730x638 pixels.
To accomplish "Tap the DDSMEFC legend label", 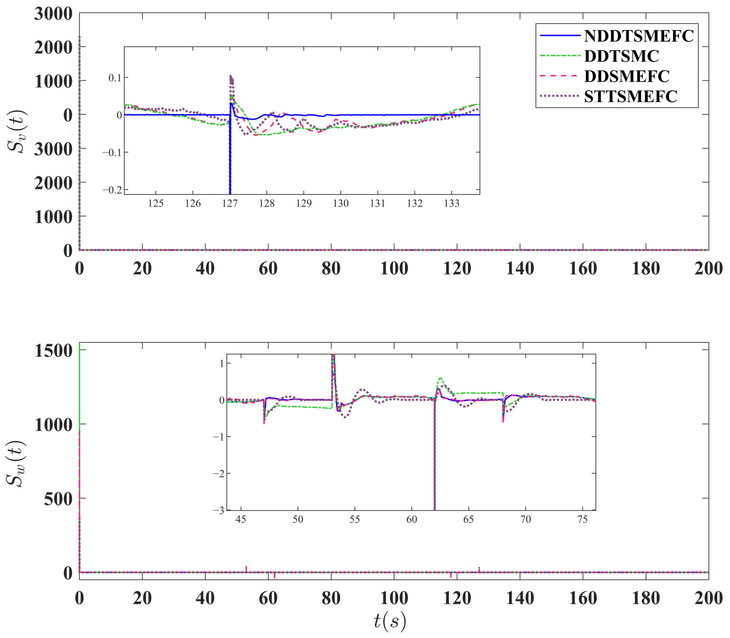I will pyautogui.click(x=627, y=76).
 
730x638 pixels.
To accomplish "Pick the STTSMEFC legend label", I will pyautogui.click(x=631, y=96).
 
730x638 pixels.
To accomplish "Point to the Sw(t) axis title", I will pyautogui.click(x=16, y=463).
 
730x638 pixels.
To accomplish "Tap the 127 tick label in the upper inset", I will pyautogui.click(x=230, y=204).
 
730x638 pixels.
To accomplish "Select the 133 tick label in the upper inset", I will pyautogui.click(x=452, y=204).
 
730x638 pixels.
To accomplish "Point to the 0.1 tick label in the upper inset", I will pyautogui.click(x=115, y=78).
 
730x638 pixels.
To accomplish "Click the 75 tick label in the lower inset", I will pyautogui.click(x=582, y=520).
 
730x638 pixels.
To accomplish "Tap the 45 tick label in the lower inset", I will pyautogui.click(x=241, y=520).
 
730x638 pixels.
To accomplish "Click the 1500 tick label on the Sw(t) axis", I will pyautogui.click(x=54, y=351).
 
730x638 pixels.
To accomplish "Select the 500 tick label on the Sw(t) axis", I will pyautogui.click(x=58, y=499).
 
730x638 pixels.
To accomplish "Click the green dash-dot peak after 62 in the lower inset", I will pyautogui.click(x=441, y=378).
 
